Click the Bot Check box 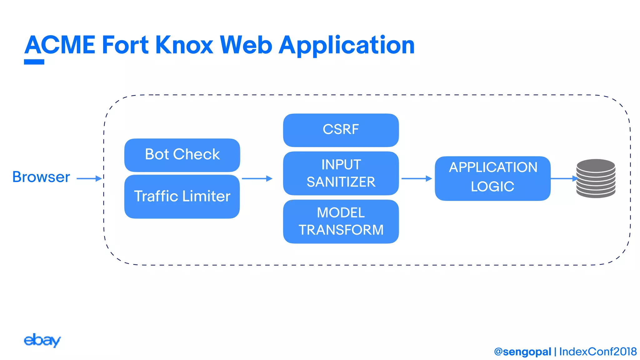point(182,155)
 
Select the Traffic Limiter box point(182,197)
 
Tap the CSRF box point(341,130)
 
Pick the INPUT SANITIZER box point(341,173)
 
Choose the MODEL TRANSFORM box point(341,222)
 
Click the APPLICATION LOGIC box point(492,178)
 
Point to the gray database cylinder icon point(596,178)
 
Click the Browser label point(41,177)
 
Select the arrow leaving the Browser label point(89,178)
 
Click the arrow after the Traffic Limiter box point(257,178)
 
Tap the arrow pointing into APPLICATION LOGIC point(416,178)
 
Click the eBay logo point(42,340)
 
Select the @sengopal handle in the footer point(522,352)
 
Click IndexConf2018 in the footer point(597,352)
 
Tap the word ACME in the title point(60,45)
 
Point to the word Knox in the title point(184,45)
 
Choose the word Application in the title point(347,46)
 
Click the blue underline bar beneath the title point(34,62)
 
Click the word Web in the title point(246,45)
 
